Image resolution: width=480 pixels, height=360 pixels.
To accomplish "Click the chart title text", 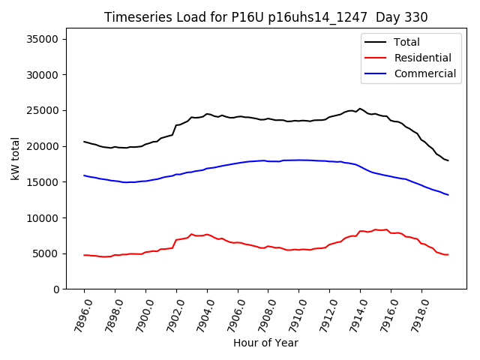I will tap(265, 17).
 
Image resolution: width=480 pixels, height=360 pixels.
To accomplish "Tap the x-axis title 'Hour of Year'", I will tap(265, 343).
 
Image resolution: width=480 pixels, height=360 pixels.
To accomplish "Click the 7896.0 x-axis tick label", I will tap(79, 315).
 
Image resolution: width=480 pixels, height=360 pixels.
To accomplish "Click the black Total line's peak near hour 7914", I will tap(360, 109).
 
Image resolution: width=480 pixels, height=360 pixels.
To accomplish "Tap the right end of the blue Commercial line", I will tap(448, 195).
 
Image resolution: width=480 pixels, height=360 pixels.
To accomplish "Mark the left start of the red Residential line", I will tap(84, 255).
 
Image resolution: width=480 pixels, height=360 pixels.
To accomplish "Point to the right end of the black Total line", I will tap(448, 160).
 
